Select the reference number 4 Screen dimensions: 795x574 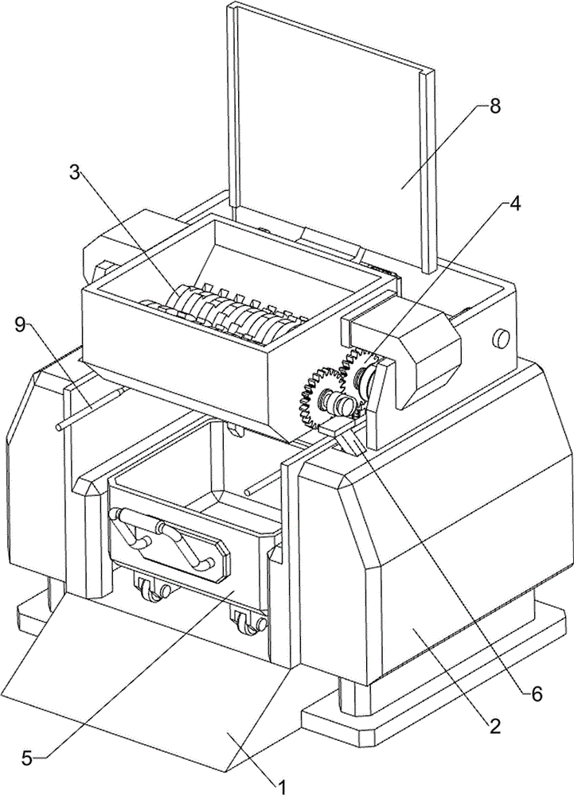[515, 204]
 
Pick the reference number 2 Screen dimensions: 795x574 [494, 725]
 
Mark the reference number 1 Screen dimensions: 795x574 [280, 784]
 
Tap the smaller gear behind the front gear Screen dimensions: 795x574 [360, 366]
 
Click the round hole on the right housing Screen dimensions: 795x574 [502, 339]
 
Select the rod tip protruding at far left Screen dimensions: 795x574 [61, 429]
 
